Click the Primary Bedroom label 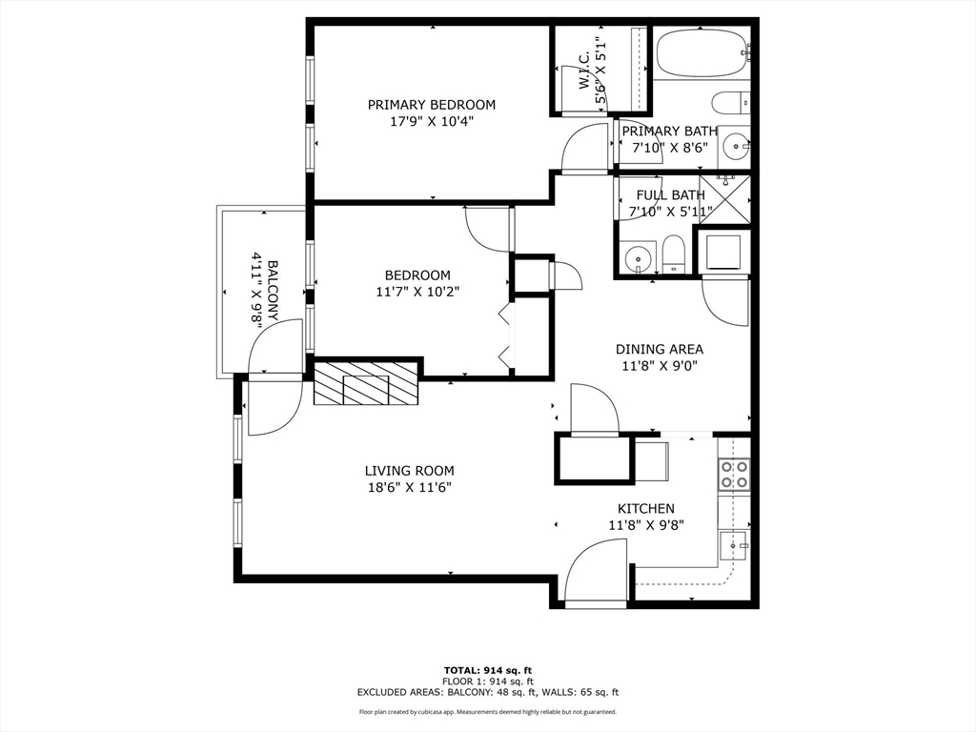432,105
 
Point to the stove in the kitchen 734,474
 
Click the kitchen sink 733,546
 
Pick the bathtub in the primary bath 701,51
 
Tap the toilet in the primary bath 731,102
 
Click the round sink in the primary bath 735,147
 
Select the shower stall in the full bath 725,198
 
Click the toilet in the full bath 674,254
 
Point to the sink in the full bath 637,256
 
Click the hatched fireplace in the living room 367,384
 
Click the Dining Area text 659,350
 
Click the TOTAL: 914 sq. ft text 487,669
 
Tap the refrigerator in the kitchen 651,459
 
